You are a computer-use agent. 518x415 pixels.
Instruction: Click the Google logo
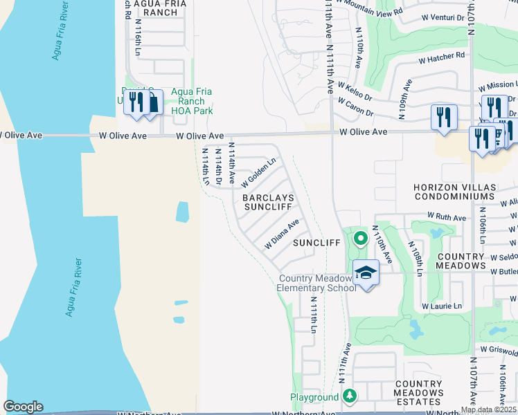click(x=23, y=407)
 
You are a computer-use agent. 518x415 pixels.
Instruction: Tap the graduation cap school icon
click(x=366, y=273)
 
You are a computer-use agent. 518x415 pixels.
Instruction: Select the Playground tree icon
click(x=350, y=396)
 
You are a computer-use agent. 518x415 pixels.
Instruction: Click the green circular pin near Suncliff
click(x=360, y=239)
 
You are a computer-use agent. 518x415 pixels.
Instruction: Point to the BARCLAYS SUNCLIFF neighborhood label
click(x=268, y=202)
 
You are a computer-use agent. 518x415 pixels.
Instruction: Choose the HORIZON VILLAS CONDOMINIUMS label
click(x=463, y=192)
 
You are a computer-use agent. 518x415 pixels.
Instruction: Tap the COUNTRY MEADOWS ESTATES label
click(x=418, y=392)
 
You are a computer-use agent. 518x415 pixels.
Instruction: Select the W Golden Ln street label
click(x=259, y=173)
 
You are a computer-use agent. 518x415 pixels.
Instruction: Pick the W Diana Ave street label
click(x=282, y=235)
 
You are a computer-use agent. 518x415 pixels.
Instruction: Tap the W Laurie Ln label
click(x=442, y=306)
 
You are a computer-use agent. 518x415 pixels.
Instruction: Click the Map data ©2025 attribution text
click(x=488, y=409)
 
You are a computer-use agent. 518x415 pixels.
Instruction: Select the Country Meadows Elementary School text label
click(x=317, y=283)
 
